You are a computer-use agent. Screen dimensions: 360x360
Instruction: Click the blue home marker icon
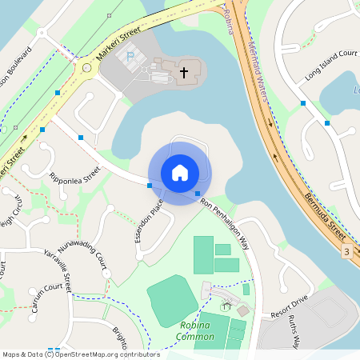(180, 172)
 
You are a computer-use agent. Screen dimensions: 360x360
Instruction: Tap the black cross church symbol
(183, 73)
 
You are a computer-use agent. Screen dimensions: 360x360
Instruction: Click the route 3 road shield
(346, 252)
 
